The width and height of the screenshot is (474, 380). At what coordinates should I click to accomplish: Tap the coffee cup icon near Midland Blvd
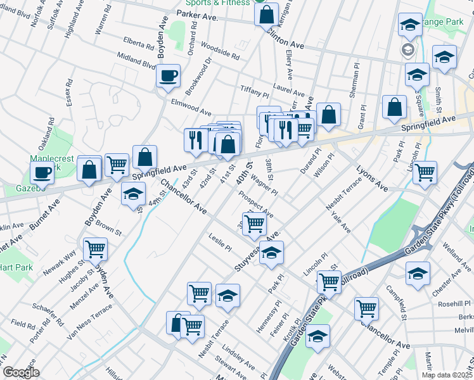169,76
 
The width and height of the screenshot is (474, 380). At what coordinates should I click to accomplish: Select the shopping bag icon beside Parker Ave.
266,14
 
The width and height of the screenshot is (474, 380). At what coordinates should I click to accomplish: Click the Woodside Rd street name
220,51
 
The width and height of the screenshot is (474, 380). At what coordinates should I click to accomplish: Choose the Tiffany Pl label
255,89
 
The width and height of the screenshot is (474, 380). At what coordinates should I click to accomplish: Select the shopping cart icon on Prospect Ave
254,222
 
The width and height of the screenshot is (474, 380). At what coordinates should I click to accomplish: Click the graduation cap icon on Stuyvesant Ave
271,253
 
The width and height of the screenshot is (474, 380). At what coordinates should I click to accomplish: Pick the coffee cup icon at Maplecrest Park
42,172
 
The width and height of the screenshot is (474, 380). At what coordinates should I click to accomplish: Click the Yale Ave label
340,223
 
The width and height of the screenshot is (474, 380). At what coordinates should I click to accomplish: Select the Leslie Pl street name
219,242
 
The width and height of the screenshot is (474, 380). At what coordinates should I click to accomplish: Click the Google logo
21,372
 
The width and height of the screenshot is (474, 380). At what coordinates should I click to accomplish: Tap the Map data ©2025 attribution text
445,375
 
